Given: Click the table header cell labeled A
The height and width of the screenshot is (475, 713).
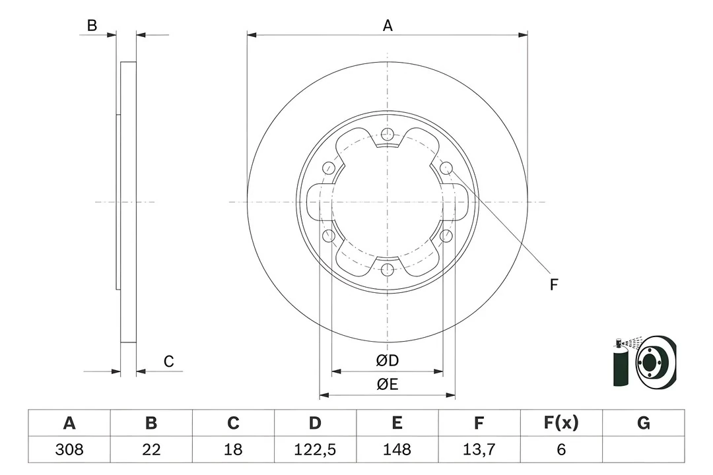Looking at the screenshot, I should [x=68, y=423].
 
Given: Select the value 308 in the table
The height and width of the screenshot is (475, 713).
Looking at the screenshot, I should [x=68, y=449].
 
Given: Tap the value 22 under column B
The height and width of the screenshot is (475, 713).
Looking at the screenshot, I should [x=151, y=449].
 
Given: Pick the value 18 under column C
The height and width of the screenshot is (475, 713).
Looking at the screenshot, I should [x=233, y=449].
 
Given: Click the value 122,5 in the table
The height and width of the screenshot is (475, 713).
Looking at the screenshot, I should [x=316, y=449].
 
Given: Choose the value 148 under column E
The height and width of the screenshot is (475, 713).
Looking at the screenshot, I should [x=397, y=449].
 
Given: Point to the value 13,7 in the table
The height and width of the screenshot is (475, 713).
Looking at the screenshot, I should [x=479, y=449].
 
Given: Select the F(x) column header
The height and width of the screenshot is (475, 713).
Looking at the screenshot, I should [x=561, y=423].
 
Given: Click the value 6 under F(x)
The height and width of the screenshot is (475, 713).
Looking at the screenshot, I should [x=561, y=449].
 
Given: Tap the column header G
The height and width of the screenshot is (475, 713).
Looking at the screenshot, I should [x=644, y=423].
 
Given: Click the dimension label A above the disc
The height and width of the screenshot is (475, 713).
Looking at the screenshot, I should [x=388, y=26].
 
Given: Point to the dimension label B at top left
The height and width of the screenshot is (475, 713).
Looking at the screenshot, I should [x=92, y=26].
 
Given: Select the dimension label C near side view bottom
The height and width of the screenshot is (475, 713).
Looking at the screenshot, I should [x=169, y=361].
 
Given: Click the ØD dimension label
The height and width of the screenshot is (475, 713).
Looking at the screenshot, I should [x=388, y=361].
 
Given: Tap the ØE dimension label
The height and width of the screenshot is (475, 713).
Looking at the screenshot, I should [x=388, y=385].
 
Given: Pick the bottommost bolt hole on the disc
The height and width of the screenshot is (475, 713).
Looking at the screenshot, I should [x=388, y=269].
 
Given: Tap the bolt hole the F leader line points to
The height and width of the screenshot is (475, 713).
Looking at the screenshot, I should [x=446, y=168].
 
